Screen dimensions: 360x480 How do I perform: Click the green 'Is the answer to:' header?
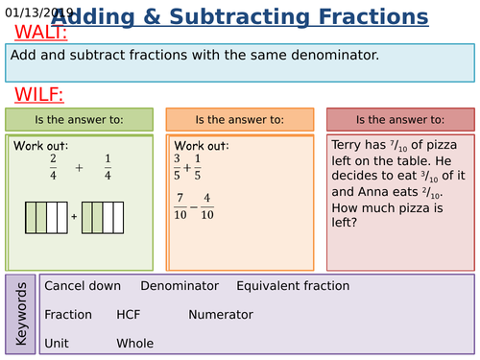point(80,120)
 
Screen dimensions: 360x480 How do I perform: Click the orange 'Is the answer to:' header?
point(239,120)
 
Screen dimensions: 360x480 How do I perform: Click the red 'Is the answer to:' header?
point(399,120)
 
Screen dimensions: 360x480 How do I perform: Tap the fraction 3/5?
point(177,167)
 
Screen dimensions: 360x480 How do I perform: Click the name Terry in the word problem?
point(348,145)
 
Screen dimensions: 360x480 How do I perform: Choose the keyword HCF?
point(129,314)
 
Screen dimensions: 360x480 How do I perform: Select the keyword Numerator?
point(221,314)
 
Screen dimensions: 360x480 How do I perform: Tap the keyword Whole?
point(135,343)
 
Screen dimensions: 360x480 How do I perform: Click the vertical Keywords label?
point(22,314)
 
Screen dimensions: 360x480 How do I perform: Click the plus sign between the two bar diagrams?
point(74,216)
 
